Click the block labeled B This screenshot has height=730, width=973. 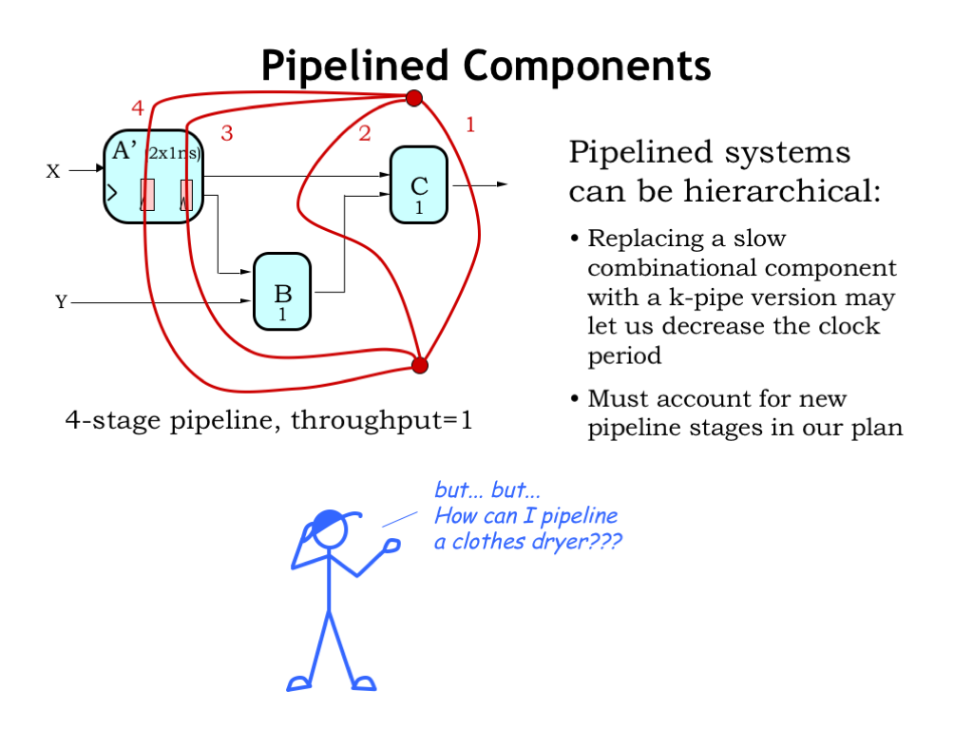coord(281,292)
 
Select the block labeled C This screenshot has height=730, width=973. coord(418,185)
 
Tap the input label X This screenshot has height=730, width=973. coord(53,172)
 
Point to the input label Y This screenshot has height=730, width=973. coord(62,302)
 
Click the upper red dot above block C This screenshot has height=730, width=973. coord(413,98)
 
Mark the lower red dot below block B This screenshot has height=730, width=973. coord(420,365)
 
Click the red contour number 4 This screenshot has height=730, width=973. coord(138,108)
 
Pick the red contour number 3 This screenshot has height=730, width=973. coord(226,133)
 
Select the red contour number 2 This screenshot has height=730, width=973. coord(364,133)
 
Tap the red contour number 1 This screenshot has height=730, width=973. coord(469,124)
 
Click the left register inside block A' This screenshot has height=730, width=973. coord(147,194)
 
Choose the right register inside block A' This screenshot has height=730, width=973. coord(186,194)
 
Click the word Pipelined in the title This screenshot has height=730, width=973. coord(354,66)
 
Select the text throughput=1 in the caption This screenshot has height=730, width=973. coord(381,419)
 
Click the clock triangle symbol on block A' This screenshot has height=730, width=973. coord(111,193)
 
